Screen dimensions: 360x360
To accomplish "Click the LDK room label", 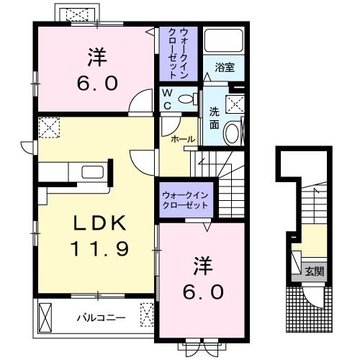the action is [99, 223].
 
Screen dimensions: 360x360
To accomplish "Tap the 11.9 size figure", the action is [99, 248].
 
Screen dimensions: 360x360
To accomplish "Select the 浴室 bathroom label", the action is [225, 68].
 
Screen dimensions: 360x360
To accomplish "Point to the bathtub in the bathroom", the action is [224, 40].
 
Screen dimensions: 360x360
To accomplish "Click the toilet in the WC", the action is [188, 99].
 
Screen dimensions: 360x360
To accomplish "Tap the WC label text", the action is [167, 99].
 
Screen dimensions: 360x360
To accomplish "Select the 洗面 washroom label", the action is [214, 118].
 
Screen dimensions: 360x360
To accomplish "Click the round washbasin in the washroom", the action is [232, 132].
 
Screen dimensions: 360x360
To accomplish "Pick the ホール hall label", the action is [183, 139].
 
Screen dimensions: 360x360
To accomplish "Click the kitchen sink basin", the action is [92, 172].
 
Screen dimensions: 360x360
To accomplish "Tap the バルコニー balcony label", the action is [101, 318].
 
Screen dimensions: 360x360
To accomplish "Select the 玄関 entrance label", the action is [314, 271].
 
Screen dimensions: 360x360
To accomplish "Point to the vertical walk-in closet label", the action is [178, 53].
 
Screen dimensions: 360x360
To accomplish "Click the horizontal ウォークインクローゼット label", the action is [185, 200].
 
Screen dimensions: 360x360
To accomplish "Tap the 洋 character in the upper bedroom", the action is [97, 58].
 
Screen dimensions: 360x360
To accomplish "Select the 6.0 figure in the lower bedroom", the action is [203, 292].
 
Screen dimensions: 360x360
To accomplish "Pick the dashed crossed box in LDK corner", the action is [49, 127].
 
